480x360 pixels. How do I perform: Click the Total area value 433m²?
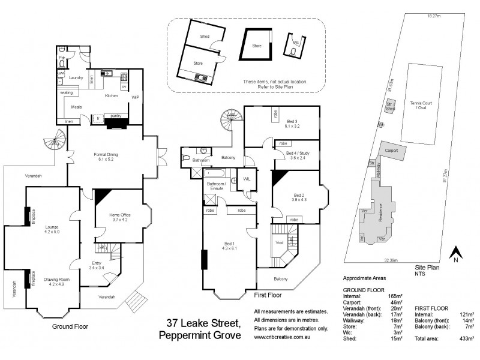[466, 338]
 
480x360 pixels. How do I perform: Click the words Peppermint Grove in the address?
[200, 335]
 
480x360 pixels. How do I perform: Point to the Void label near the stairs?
[279, 242]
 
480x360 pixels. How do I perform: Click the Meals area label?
[76, 107]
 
